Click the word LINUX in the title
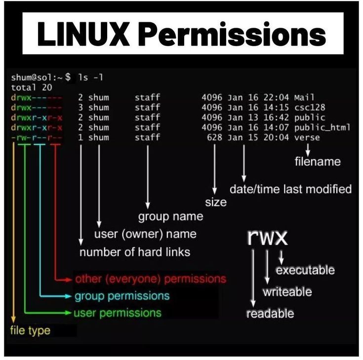point(82,34)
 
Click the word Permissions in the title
point(232,34)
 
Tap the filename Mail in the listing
point(304,97)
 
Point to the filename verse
point(307,137)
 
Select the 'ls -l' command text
point(90,78)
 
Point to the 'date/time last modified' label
point(290,189)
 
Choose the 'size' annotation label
point(216,202)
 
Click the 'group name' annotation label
point(170,217)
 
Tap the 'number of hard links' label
point(135,252)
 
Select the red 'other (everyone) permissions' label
point(150,279)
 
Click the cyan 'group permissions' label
point(121,296)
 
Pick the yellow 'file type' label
point(30,330)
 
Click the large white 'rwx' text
point(267,237)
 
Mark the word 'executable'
point(305,270)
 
